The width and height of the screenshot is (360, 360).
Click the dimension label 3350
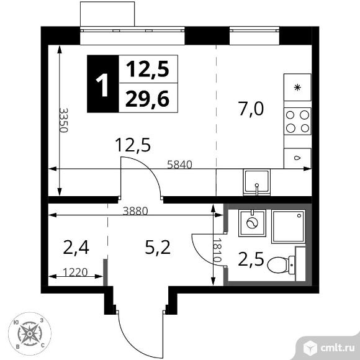coord(63,120)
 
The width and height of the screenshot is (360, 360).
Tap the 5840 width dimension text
coord(179,164)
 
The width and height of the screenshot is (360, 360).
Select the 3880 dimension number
coord(135,211)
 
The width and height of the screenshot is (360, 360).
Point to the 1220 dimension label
coord(75,272)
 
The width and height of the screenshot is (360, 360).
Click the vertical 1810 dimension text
coord(217,250)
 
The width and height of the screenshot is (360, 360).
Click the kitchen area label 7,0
coord(251,109)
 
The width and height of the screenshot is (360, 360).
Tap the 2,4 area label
coord(76,247)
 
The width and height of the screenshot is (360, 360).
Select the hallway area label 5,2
coord(158,247)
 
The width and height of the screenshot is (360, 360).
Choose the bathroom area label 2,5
coord(251,259)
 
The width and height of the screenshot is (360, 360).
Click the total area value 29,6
coord(147,99)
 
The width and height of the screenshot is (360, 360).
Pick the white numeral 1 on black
coord(102,85)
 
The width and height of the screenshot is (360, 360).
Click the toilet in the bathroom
coord(281,265)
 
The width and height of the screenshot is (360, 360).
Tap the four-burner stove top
coord(297,121)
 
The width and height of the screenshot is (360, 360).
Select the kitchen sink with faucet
coord(257,182)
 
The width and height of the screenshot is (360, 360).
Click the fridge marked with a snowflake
coord(297,88)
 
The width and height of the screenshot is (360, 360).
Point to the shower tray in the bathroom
coord(289,226)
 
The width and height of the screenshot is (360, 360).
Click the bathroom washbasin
coord(252,223)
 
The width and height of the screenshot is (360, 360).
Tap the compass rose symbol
coord(30,333)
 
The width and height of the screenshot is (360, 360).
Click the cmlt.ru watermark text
coord(338,348)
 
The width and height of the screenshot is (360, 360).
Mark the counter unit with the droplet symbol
coord(297,158)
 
